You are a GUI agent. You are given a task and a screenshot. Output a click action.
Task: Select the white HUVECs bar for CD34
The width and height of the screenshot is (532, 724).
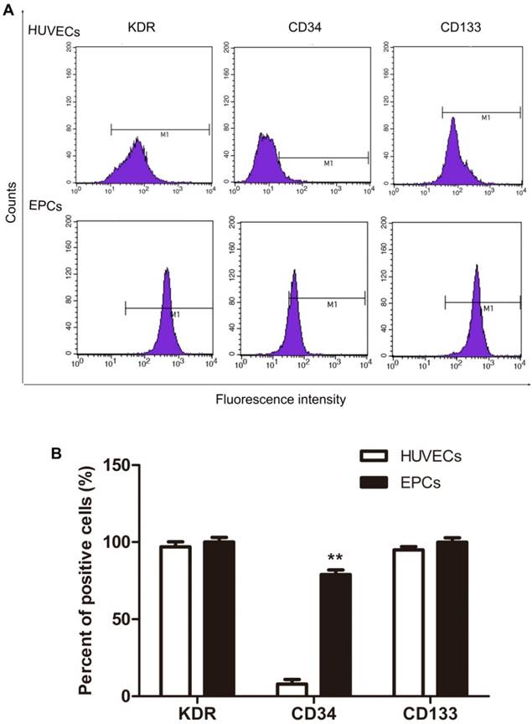pos(270,690)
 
